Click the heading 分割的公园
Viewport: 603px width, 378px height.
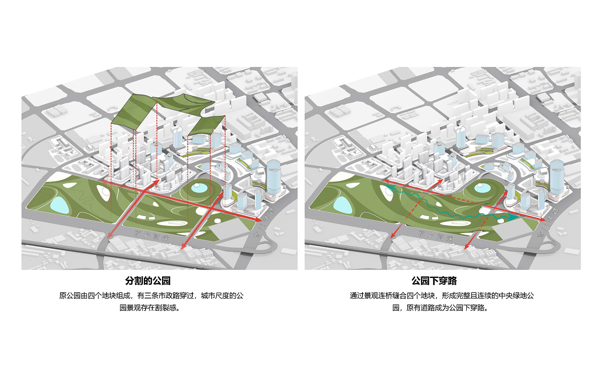[x=148, y=281]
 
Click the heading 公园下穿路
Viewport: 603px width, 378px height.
[x=434, y=281]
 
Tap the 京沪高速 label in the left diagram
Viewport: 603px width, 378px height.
[x=152, y=235]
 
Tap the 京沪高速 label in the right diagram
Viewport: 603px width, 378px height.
[x=436, y=235]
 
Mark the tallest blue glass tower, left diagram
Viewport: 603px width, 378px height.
[x=274, y=177]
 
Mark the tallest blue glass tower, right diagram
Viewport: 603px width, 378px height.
[x=557, y=177]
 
